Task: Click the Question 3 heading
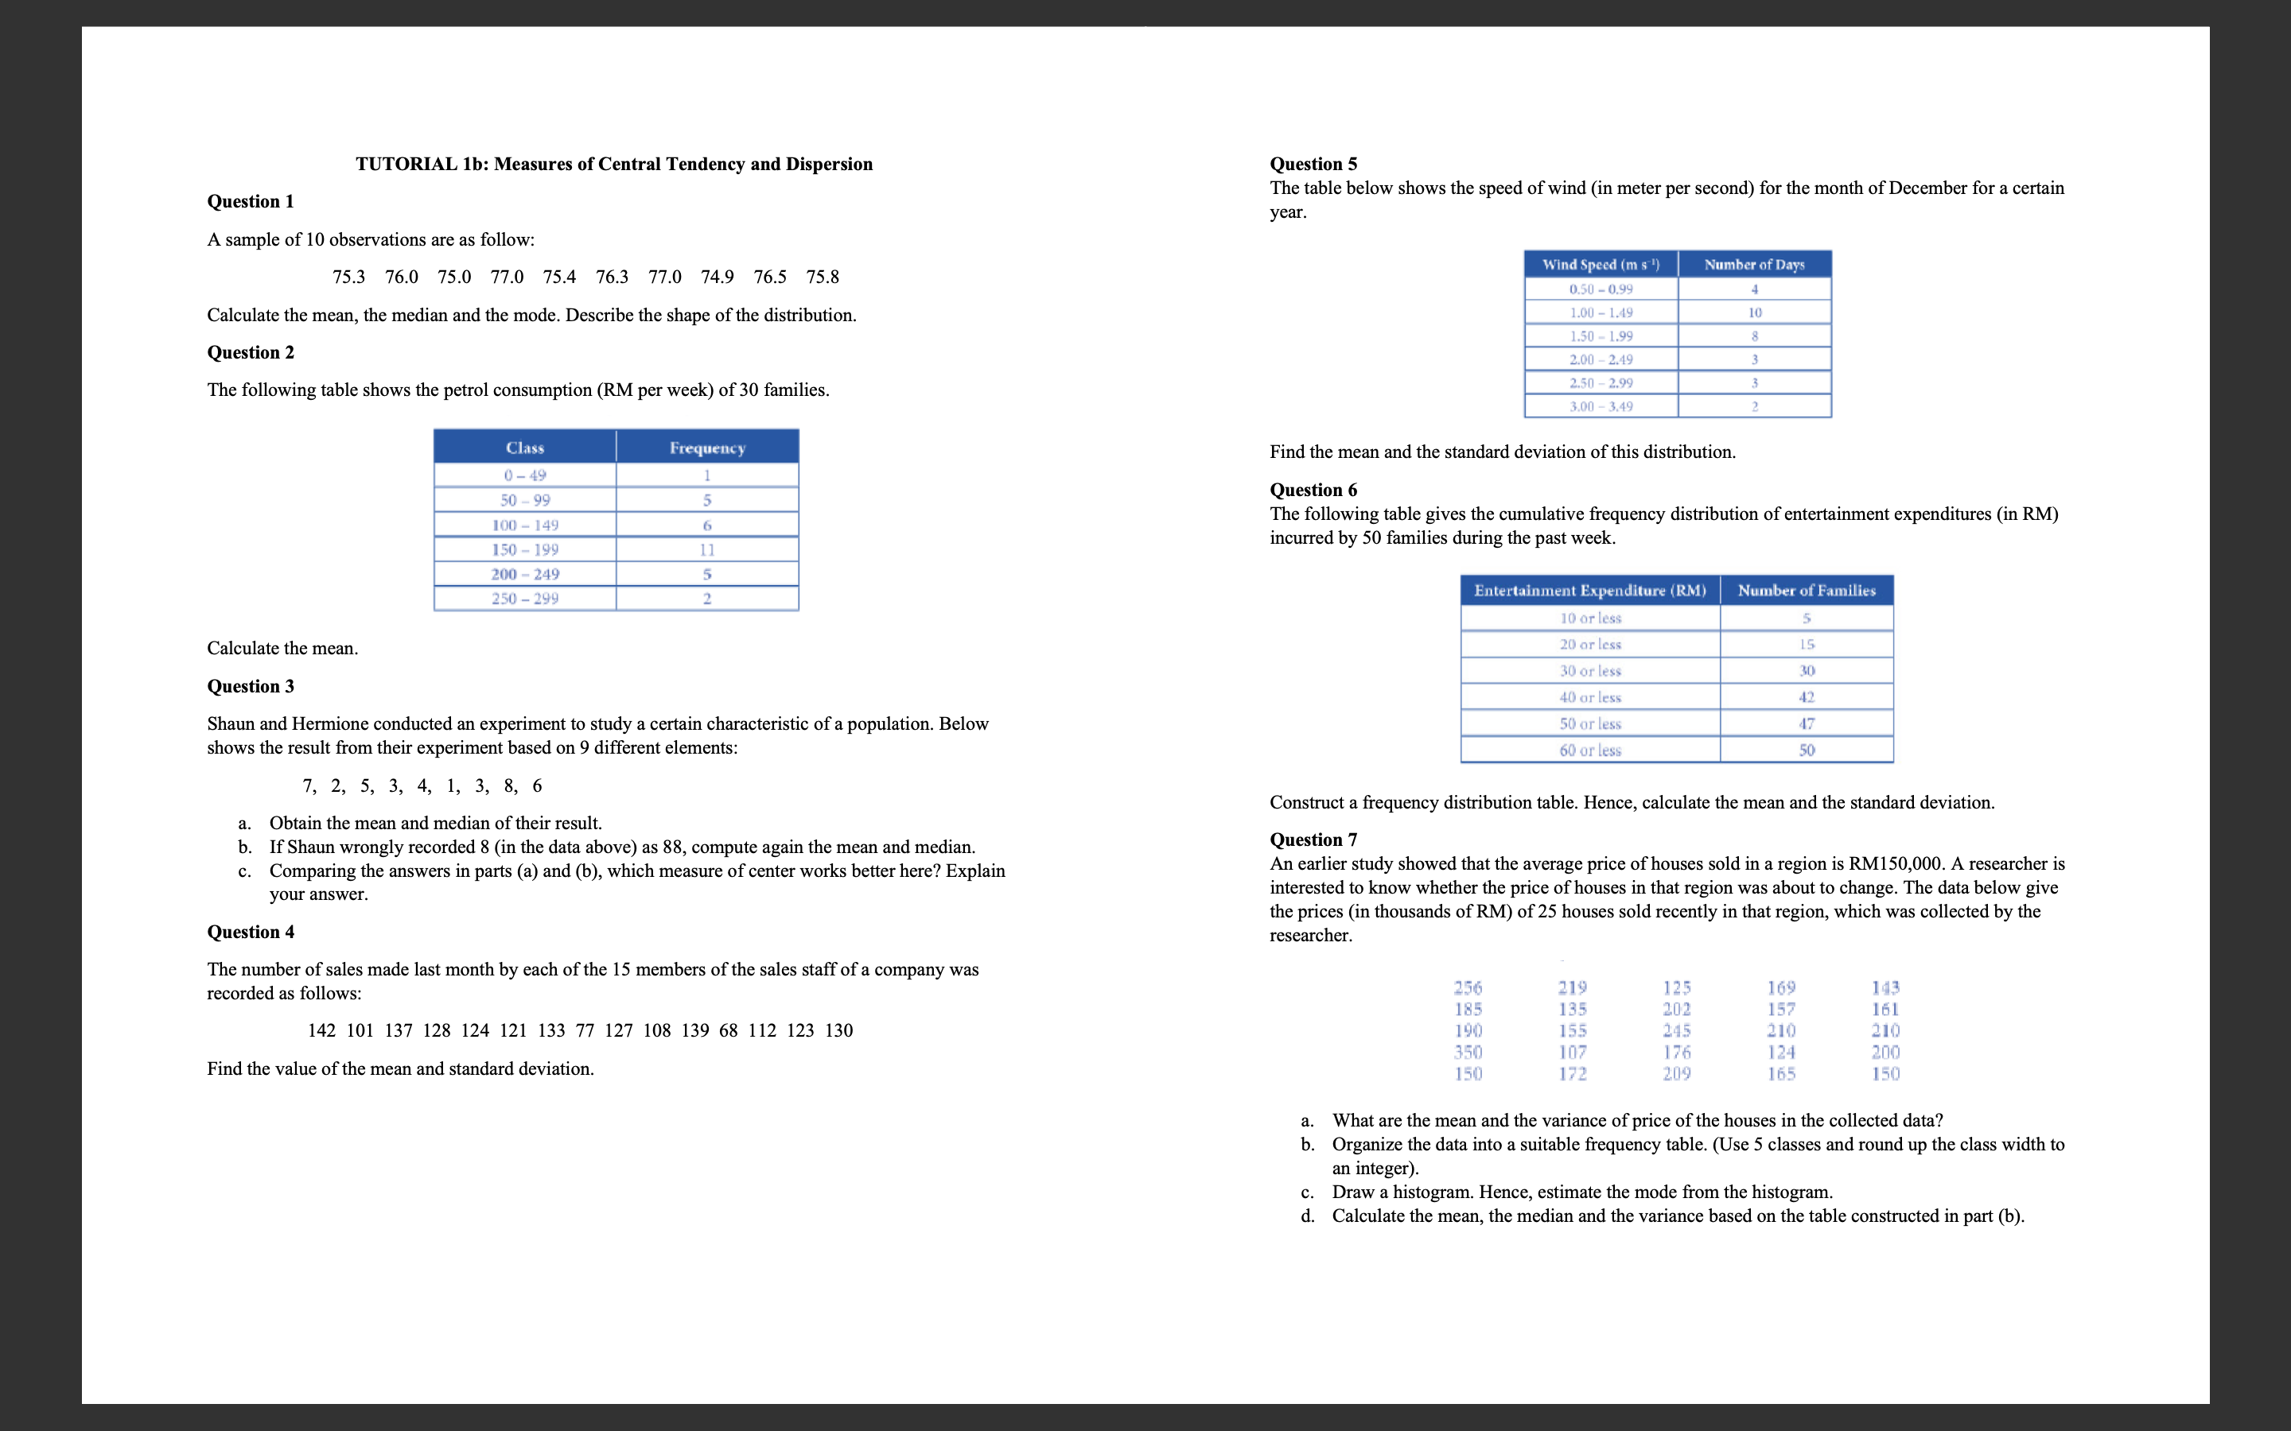(251, 686)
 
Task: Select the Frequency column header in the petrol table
(707, 448)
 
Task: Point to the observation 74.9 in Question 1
(717, 277)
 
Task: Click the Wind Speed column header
(1601, 265)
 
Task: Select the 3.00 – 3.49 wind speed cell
(1601, 407)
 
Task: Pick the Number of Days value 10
(1754, 312)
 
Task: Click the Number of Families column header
(1807, 591)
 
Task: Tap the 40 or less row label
(1590, 697)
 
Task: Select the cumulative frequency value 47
(1807, 724)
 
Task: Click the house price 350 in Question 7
(1468, 1053)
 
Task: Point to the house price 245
(1677, 1030)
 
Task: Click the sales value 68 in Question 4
(728, 1030)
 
